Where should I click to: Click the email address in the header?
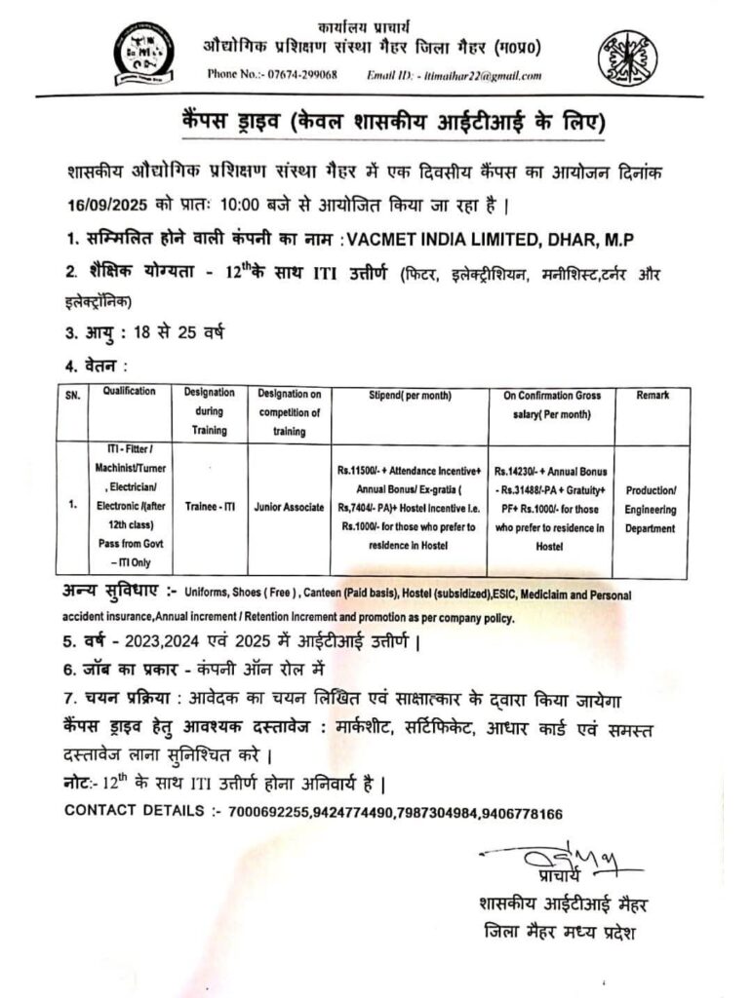[x=480, y=75]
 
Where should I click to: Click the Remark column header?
[x=651, y=396]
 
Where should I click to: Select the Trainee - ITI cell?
[x=208, y=508]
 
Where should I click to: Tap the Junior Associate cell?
[x=289, y=508]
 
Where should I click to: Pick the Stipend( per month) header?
[x=410, y=396]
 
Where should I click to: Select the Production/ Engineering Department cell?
[x=651, y=509]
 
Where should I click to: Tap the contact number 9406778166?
[x=523, y=811]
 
